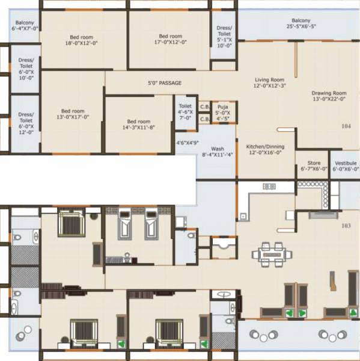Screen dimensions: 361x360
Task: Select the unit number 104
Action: (x=346, y=127)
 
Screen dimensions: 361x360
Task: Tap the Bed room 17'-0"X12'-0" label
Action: (x=171, y=39)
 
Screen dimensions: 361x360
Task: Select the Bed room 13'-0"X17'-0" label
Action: (x=73, y=114)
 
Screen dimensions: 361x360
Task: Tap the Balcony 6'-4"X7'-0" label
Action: (x=25, y=26)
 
